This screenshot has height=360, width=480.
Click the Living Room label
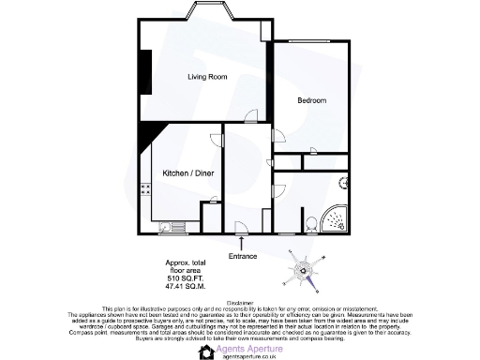pos(207,77)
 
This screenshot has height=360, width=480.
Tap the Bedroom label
pos(312,99)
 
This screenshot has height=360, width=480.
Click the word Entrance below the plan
pos(243,256)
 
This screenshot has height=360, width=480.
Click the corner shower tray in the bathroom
pos(334,219)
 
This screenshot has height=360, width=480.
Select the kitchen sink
pos(166,226)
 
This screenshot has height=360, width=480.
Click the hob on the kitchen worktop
pos(145,189)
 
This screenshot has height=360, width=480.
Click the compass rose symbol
pos(305,273)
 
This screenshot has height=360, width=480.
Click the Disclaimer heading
pos(240,303)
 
